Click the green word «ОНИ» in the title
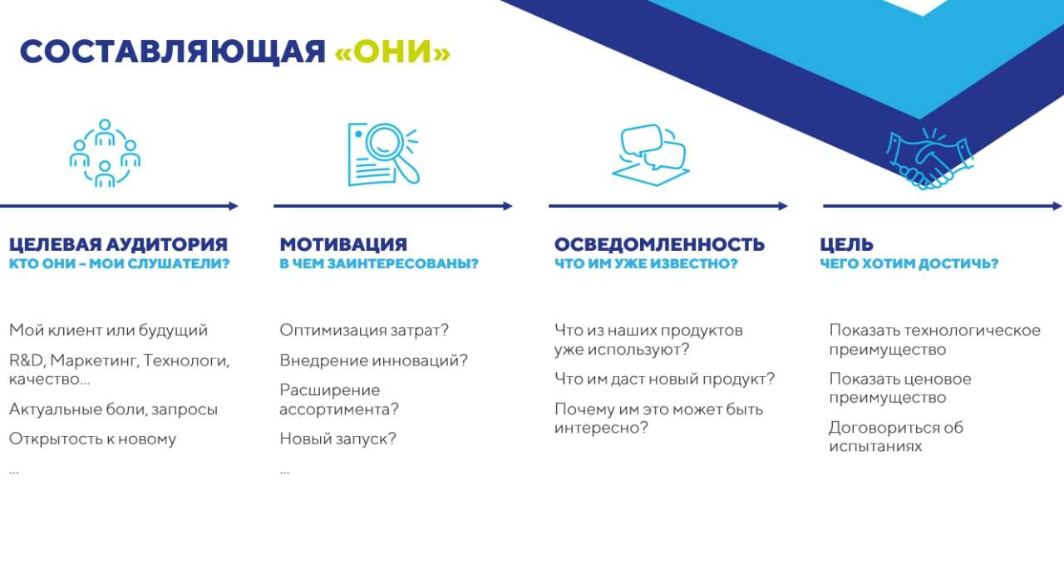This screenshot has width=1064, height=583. pyautogui.click(x=392, y=51)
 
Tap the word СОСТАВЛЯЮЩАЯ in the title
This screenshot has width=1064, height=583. pyautogui.click(x=173, y=52)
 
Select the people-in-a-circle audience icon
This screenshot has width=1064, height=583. pyautogui.click(x=105, y=153)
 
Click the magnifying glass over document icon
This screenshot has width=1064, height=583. pyautogui.click(x=383, y=154)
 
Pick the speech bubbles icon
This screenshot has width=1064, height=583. pyautogui.click(x=651, y=154)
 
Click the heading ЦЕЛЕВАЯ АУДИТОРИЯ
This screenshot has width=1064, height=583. pyautogui.click(x=118, y=244)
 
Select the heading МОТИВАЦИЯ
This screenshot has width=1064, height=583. pyautogui.click(x=343, y=244)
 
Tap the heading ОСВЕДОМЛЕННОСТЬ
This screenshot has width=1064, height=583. pyautogui.click(x=659, y=244)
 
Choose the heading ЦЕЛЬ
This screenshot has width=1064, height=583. pyautogui.click(x=846, y=245)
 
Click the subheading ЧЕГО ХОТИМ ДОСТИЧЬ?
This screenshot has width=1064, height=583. pyautogui.click(x=909, y=263)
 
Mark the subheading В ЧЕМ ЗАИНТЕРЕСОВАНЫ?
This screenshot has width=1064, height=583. pyautogui.click(x=379, y=263)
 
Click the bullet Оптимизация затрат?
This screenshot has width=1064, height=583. pyautogui.click(x=364, y=330)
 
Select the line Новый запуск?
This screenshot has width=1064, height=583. pyautogui.click(x=337, y=438)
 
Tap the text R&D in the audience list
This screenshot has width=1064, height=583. pyautogui.click(x=27, y=360)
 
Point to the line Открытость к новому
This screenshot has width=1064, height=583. pyautogui.click(x=92, y=438)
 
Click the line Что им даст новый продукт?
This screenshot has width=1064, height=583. pyautogui.click(x=664, y=380)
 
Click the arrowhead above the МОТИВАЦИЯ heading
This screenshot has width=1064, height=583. pyautogui.click(x=508, y=206)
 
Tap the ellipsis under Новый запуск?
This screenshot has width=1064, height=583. pyautogui.click(x=284, y=473)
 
